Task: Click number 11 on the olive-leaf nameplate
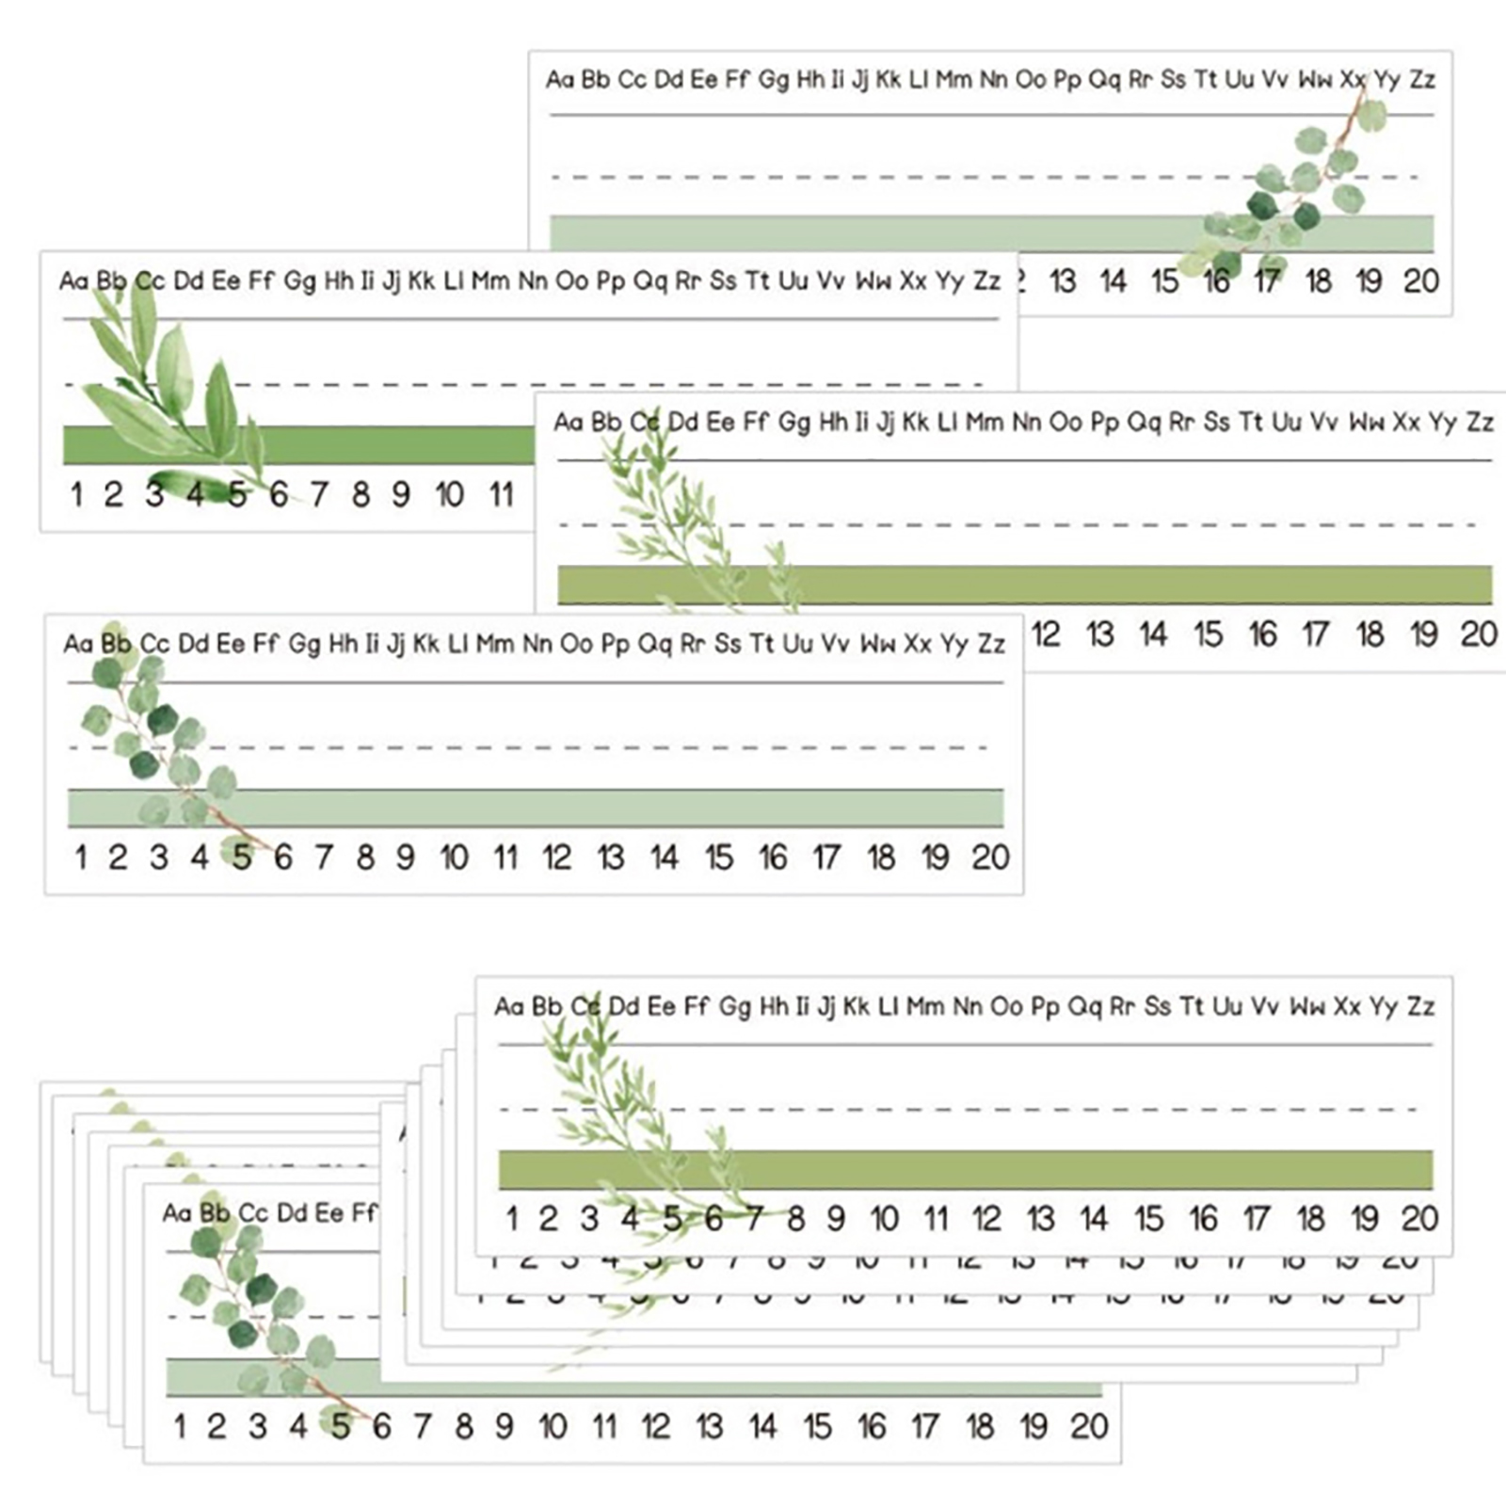(501, 494)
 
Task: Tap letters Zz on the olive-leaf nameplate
(986, 280)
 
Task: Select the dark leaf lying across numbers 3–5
(193, 487)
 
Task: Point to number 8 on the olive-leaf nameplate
(360, 494)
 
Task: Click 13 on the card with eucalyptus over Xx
(1063, 280)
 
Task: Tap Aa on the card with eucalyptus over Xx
(560, 79)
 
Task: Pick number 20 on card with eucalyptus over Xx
(1421, 280)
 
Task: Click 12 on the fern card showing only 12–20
(1046, 634)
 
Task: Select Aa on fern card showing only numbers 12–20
(569, 422)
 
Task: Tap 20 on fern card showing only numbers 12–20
(1479, 634)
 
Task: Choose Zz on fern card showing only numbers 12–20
(1481, 422)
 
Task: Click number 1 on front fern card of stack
(511, 1219)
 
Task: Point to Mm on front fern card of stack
(925, 1006)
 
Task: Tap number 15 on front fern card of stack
(1148, 1219)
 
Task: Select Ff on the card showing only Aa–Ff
(364, 1212)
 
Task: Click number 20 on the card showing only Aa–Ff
(1089, 1427)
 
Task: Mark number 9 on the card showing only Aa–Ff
(505, 1427)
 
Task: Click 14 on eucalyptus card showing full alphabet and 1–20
(665, 857)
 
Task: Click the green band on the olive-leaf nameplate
(376, 445)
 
